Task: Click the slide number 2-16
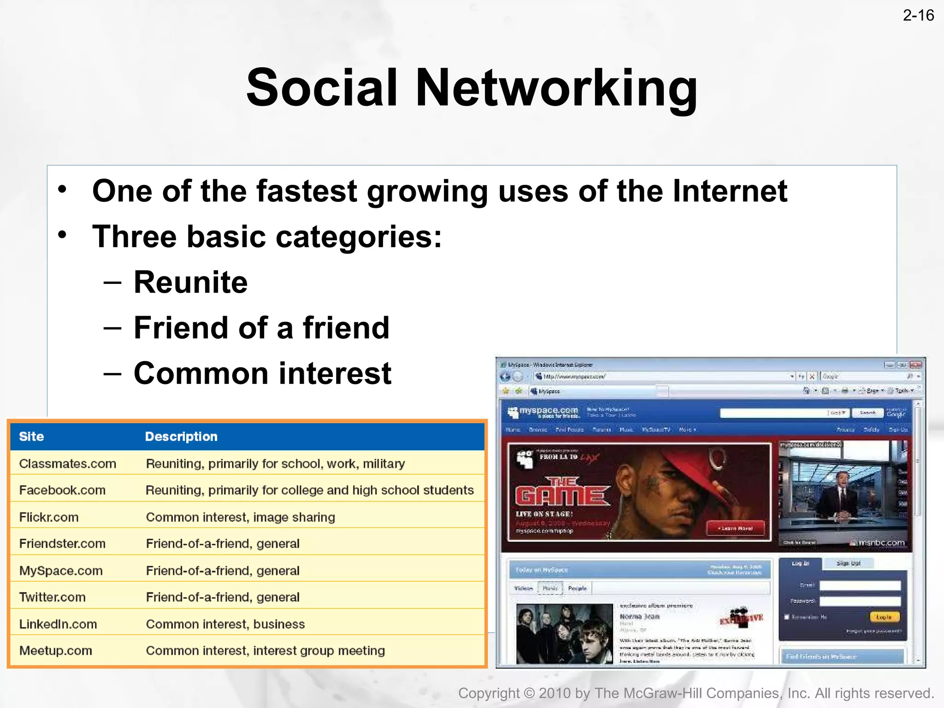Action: click(x=918, y=16)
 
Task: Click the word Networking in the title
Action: click(x=556, y=88)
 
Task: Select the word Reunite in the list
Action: click(x=190, y=282)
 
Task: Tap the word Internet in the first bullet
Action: click(x=730, y=191)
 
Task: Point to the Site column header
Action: click(x=31, y=437)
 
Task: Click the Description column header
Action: click(x=181, y=437)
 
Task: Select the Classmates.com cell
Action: click(x=68, y=464)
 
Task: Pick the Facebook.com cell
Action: click(x=62, y=490)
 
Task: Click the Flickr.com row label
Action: click(x=49, y=517)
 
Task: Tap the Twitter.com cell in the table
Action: click(x=53, y=597)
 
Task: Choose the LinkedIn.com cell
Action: click(x=58, y=624)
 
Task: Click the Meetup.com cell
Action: click(x=56, y=651)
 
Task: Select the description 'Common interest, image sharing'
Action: click(x=240, y=517)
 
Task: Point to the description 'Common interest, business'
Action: click(x=225, y=624)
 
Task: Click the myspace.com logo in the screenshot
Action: click(x=544, y=412)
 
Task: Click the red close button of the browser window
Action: click(x=915, y=365)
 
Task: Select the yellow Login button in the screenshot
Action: click(x=884, y=617)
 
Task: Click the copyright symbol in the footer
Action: click(x=529, y=693)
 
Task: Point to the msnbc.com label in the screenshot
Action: click(x=879, y=543)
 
